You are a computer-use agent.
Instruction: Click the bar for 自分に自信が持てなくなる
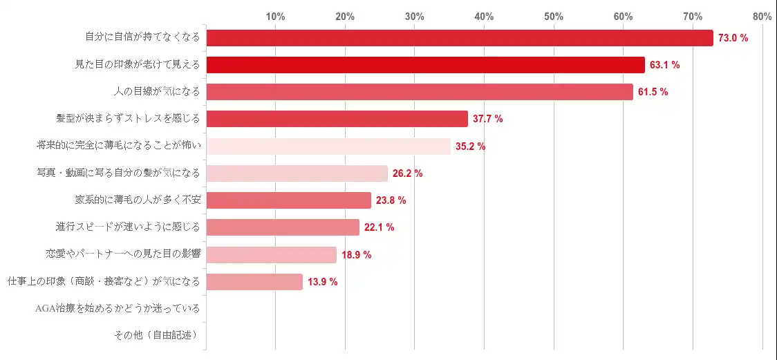click(460, 38)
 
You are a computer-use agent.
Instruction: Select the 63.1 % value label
click(665, 65)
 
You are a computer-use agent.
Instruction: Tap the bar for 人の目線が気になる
click(420, 92)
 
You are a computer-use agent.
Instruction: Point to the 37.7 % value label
click(487, 119)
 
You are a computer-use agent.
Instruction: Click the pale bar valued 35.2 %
click(328, 146)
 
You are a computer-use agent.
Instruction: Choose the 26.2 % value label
click(407, 173)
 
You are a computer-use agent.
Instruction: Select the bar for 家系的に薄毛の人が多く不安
click(289, 200)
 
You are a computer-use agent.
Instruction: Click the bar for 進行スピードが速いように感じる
click(283, 227)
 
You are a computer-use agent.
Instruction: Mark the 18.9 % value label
click(356, 255)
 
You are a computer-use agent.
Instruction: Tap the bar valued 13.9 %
click(254, 282)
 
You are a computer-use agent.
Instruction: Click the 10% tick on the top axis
click(275, 16)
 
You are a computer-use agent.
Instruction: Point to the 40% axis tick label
click(484, 16)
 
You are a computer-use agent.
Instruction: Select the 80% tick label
click(762, 16)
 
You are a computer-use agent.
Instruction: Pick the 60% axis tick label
click(623, 16)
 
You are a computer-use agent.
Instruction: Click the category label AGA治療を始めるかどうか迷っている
click(118, 308)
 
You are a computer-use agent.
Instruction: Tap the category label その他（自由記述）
click(156, 335)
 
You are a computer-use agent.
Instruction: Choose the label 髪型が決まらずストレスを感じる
click(128, 119)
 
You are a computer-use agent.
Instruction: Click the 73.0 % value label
click(733, 38)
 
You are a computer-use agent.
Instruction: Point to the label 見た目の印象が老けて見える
click(138, 65)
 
